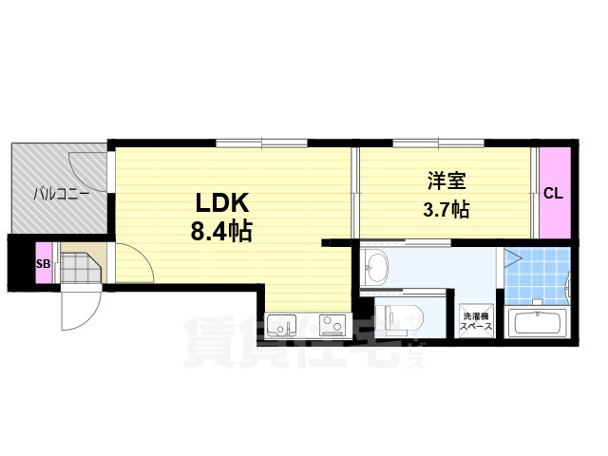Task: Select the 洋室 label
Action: (x=445, y=180)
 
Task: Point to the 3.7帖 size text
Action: (x=445, y=209)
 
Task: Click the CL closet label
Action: (x=554, y=194)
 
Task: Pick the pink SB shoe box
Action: (x=42, y=265)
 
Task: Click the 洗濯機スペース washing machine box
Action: (x=475, y=320)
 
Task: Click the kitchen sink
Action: (x=282, y=327)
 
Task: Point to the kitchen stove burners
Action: (x=333, y=327)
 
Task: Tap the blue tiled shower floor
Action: (x=537, y=275)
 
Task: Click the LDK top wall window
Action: (x=261, y=143)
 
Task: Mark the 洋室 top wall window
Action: (x=437, y=143)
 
